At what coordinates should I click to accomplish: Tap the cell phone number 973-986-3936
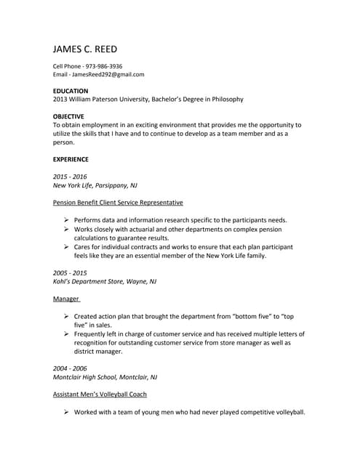(103, 66)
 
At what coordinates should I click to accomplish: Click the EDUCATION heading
(71, 91)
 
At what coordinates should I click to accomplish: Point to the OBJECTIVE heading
(69, 116)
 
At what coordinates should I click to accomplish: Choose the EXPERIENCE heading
(71, 159)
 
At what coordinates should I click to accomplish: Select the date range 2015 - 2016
(70, 177)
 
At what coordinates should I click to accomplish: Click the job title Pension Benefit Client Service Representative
(118, 202)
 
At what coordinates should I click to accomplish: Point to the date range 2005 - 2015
(70, 272)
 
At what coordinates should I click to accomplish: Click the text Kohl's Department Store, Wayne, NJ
(104, 280)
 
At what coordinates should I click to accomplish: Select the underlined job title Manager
(65, 299)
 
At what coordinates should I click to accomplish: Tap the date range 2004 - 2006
(70, 368)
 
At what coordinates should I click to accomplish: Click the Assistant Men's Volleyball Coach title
(100, 394)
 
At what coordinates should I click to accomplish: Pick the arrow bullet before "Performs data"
(65, 219)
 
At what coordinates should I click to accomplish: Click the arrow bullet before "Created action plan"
(65, 317)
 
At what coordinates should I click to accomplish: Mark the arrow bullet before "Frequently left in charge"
(65, 333)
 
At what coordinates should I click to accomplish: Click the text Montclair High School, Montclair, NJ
(105, 377)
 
